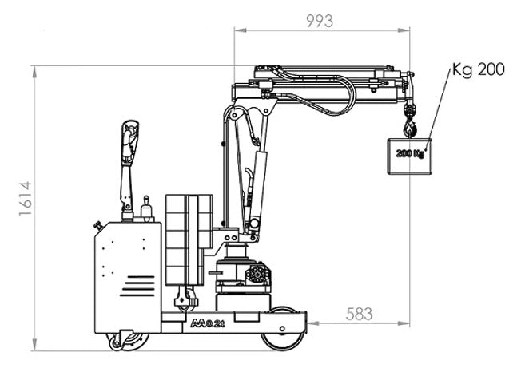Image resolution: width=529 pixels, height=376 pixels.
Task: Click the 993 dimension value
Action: (320, 22)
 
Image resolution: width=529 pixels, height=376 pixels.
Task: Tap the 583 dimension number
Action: (360, 313)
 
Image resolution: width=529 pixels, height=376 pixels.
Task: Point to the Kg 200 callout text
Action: (477, 70)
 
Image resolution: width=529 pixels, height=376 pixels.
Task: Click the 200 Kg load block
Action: (408, 153)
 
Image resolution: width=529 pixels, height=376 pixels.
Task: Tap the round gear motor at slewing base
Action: (258, 275)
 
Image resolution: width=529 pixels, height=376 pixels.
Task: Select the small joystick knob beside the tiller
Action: (145, 209)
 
